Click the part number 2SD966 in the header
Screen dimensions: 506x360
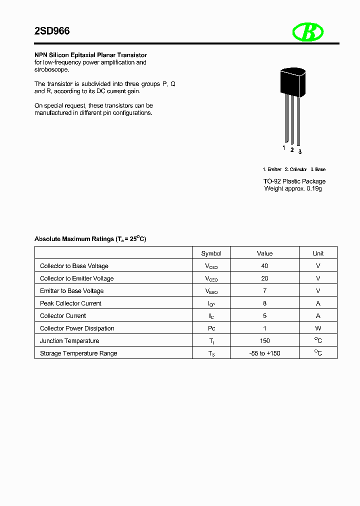52,31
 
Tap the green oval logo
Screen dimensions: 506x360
308,32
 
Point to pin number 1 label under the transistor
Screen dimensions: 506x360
284,148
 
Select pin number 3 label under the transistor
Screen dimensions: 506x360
299,151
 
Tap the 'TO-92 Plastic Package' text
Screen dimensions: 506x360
294,181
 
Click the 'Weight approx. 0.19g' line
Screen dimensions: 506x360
292,188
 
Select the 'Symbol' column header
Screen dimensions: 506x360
211,253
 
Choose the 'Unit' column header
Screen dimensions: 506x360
318,253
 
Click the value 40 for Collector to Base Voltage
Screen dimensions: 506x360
264,266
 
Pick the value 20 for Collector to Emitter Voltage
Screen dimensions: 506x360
264,278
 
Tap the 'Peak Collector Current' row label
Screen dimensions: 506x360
70,303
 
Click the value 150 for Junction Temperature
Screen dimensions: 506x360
264,341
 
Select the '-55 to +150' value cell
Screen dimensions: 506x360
264,353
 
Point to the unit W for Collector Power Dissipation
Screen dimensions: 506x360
318,328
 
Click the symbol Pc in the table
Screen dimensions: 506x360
211,328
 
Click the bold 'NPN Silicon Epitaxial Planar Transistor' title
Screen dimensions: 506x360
90,55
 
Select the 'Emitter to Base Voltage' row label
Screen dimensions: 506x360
71,291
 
